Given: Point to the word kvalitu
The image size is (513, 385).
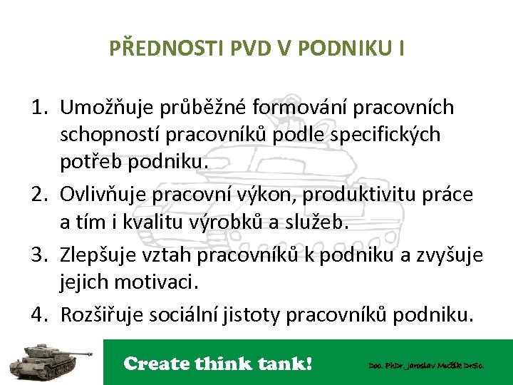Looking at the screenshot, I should [136, 222].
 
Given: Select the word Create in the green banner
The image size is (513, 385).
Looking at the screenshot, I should [155, 364].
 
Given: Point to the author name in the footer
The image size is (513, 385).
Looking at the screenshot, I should [426, 365].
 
